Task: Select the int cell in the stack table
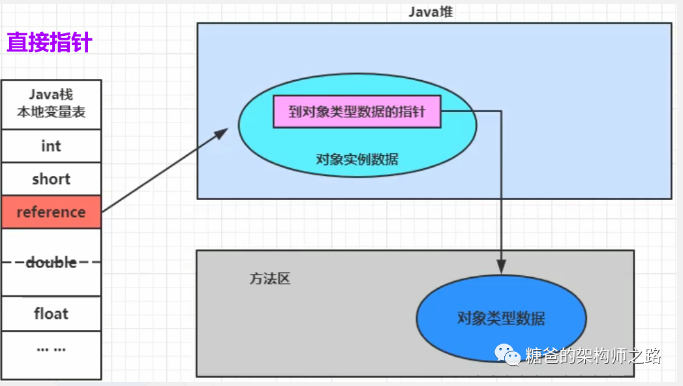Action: (51, 146)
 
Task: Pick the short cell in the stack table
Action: (51, 179)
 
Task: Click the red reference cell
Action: (51, 212)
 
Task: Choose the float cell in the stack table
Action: (51, 314)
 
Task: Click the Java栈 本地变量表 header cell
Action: (51, 104)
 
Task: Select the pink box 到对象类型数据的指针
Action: (356, 112)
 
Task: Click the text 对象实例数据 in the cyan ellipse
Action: (357, 159)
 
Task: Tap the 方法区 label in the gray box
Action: (269, 279)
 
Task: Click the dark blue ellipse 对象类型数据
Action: (500, 319)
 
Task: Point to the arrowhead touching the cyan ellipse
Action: (222, 133)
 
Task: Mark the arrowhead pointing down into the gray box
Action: (500, 267)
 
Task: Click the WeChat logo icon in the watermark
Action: (508, 355)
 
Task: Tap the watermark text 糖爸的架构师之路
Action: (593, 356)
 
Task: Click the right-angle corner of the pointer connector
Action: (500, 111)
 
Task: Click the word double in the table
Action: (51, 262)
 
